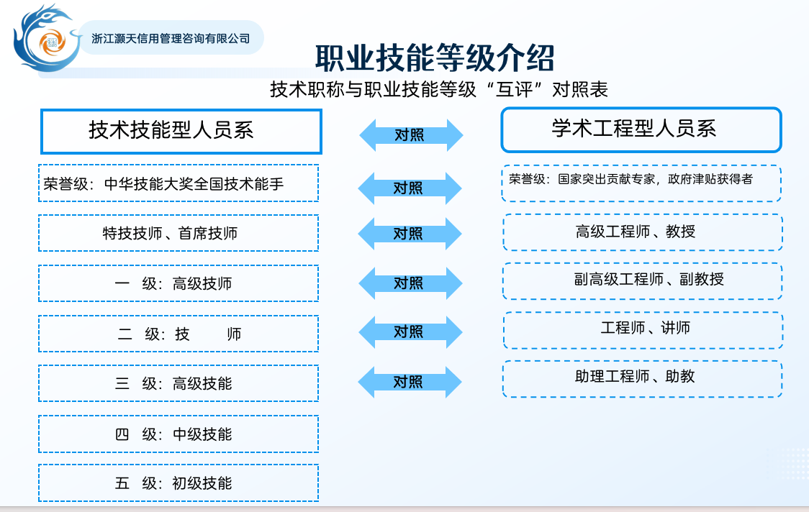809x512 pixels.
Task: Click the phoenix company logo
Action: (47, 39)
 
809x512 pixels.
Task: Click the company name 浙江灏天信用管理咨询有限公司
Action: (171, 39)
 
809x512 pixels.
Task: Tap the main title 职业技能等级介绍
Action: (435, 58)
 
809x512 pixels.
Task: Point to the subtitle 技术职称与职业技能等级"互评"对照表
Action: (439, 89)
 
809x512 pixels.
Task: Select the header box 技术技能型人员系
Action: (181, 132)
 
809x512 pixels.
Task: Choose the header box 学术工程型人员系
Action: (641, 130)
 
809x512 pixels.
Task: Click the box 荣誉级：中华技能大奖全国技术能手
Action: (178, 183)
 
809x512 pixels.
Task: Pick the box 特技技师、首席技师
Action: (178, 233)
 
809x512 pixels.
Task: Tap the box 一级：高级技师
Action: (178, 283)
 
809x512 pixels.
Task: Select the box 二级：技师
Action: (178, 334)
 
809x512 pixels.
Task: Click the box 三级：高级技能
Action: (178, 383)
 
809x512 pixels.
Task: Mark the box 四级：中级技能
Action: (178, 434)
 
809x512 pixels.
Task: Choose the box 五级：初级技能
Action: (178, 483)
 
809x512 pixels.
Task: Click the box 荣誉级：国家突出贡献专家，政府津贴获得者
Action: (641, 183)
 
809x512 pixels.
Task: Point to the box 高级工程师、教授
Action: (643, 232)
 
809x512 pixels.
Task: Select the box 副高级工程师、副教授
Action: (643, 281)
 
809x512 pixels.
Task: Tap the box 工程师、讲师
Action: (643, 330)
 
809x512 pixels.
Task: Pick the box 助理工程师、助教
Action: (643, 379)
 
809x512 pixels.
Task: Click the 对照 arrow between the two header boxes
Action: (411, 135)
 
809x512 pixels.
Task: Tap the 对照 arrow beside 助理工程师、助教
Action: (410, 382)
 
